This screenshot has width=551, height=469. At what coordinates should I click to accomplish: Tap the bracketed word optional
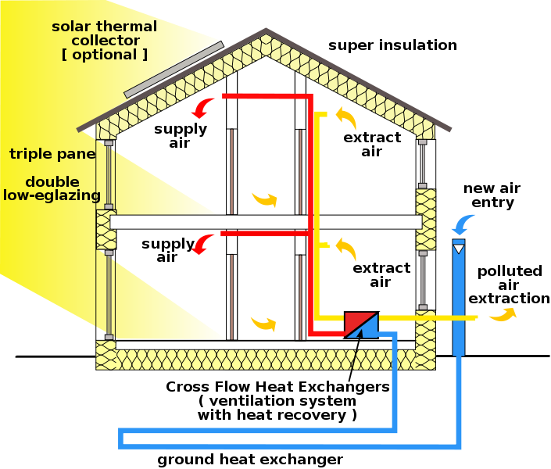(x=104, y=54)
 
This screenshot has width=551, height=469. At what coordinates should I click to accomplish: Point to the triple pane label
(x=52, y=154)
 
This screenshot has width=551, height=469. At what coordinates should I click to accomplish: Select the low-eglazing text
(x=52, y=195)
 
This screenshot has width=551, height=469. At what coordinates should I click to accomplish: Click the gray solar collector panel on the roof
(x=173, y=70)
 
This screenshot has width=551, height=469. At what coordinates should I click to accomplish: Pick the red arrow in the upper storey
(x=204, y=108)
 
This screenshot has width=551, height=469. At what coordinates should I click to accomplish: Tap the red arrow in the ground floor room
(x=204, y=245)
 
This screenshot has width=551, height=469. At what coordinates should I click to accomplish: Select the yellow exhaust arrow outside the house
(x=503, y=314)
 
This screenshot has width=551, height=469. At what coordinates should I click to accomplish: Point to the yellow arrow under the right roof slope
(x=345, y=118)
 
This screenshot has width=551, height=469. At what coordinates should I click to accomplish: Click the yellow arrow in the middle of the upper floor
(x=264, y=199)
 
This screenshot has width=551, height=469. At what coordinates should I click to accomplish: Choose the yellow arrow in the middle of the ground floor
(x=263, y=322)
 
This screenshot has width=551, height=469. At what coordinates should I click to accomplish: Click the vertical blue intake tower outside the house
(x=459, y=301)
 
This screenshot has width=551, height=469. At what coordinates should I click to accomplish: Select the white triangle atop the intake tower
(x=459, y=249)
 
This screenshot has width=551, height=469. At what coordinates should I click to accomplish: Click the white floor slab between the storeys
(x=266, y=222)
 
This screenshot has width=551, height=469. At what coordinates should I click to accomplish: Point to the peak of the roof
(x=267, y=32)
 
